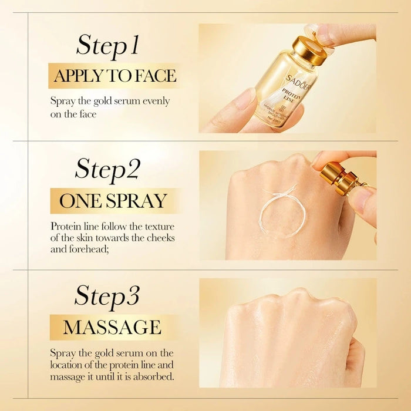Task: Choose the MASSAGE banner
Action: tap(112, 326)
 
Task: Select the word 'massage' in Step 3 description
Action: tap(68, 376)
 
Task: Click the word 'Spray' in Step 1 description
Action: tap(62, 101)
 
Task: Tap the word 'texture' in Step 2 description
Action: tap(159, 227)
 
